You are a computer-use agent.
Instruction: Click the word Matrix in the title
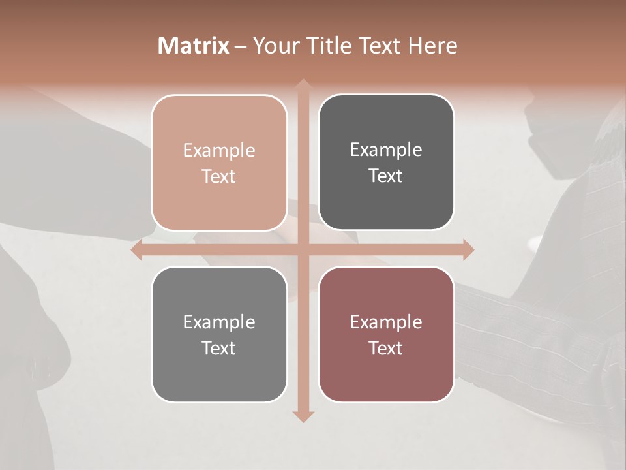click(194, 46)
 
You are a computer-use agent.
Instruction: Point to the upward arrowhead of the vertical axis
click(303, 85)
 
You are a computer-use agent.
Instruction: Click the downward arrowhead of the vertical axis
click(303, 416)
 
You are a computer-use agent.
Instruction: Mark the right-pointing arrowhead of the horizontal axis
click(468, 249)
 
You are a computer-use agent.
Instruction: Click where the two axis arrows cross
click(303, 249)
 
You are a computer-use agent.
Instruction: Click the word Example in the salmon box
click(219, 150)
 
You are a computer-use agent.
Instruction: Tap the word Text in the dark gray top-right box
click(386, 176)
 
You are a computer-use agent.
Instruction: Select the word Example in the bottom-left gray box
click(219, 322)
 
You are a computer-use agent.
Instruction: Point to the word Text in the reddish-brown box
click(386, 348)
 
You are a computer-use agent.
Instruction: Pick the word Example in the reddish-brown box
click(386, 322)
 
